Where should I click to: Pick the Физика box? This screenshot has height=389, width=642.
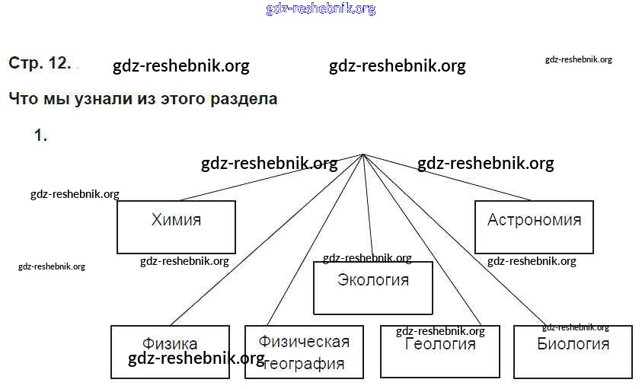click(170, 345)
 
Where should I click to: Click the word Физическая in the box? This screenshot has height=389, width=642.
click(304, 341)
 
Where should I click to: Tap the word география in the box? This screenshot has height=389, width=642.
click(304, 364)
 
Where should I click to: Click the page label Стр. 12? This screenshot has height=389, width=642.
click(40, 63)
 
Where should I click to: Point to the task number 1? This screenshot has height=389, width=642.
click(40, 136)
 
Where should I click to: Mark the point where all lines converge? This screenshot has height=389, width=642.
click(363, 155)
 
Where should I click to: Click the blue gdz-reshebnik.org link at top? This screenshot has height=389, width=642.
click(321, 9)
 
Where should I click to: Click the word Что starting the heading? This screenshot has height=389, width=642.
click(22, 99)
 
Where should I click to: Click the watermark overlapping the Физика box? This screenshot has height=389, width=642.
click(196, 359)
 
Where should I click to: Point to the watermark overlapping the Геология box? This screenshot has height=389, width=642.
click(440, 331)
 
